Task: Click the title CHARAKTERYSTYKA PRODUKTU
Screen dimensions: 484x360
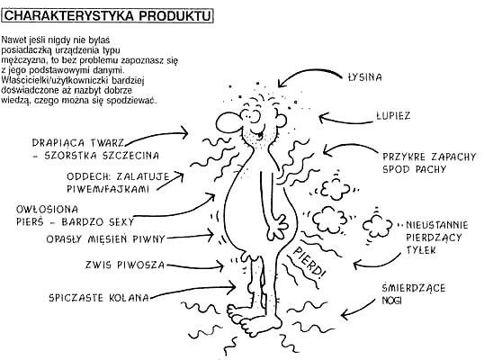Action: coord(107,15)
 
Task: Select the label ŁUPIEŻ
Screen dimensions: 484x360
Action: coord(393,115)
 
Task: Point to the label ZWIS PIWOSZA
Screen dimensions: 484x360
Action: coord(125,265)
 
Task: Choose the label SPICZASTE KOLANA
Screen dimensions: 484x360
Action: coord(99,298)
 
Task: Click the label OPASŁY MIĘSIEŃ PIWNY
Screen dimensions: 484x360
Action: coord(105,239)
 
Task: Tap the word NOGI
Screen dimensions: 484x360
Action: coord(391,301)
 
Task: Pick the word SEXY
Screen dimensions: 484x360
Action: coord(121,222)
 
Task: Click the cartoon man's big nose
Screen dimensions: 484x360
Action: coord(229,123)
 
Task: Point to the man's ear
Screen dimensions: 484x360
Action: coord(281,120)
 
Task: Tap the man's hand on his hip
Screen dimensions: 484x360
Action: coord(276,228)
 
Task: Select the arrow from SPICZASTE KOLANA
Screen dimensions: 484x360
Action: coord(193,290)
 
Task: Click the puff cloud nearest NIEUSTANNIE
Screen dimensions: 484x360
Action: coord(377,225)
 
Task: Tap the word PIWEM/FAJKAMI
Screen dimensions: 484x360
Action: coord(108,189)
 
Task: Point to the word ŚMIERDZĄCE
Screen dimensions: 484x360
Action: coord(414,288)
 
